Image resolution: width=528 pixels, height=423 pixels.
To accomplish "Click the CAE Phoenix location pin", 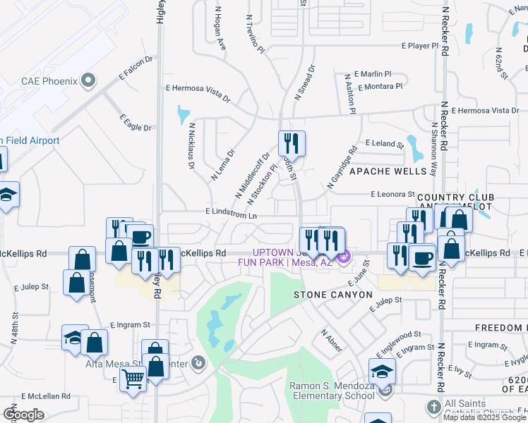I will (88, 81).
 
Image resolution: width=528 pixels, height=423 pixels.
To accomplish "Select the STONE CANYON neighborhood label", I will (332, 294).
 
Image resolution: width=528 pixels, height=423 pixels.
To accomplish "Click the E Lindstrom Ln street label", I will (231, 211).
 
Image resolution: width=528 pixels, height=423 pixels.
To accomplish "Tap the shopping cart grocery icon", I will (133, 380).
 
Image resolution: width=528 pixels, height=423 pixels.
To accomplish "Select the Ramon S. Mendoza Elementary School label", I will (332, 391).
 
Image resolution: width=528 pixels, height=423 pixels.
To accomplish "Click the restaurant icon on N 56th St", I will (292, 145).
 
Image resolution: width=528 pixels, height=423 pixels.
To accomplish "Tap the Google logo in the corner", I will (23, 415).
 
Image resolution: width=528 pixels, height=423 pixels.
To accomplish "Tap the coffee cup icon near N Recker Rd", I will (423, 259).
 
